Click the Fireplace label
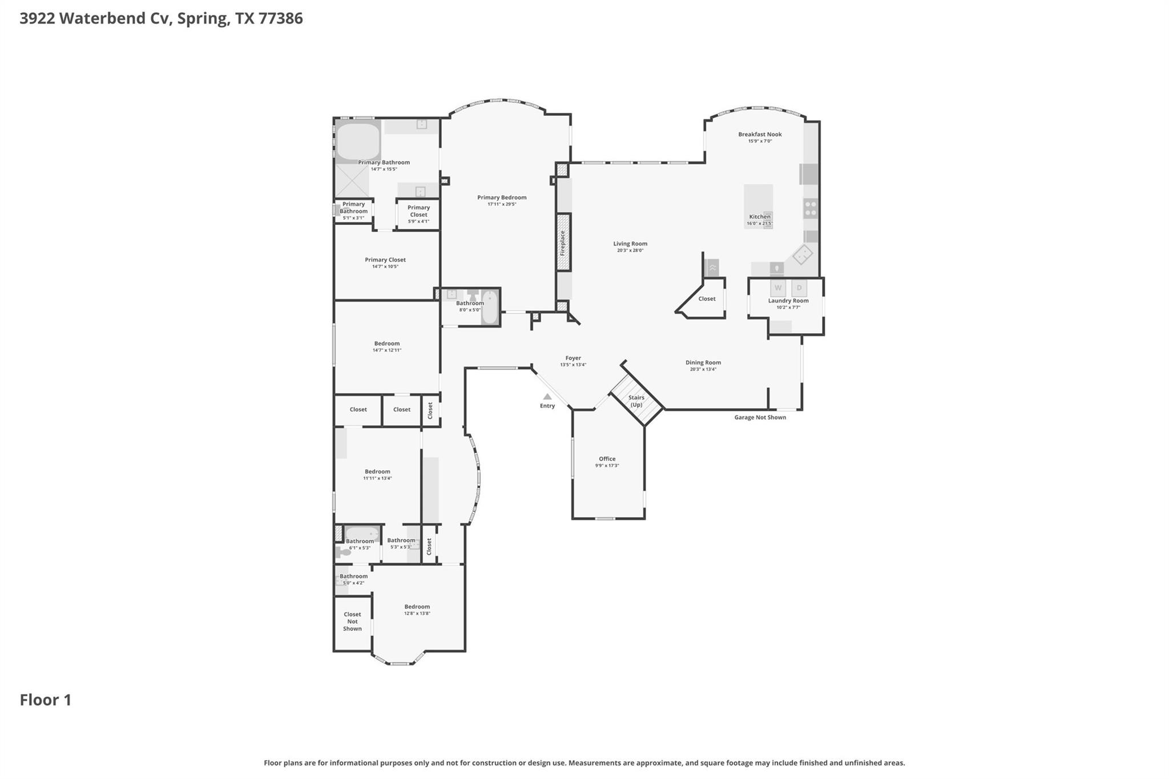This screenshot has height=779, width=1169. pos(562,243)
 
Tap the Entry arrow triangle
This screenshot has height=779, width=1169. pos(547,397)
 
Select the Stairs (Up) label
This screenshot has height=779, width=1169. pos(636,401)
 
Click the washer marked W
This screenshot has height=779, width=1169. pos(778,288)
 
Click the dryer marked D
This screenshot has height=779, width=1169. pos(799,288)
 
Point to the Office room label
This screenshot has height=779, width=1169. pos(607,459)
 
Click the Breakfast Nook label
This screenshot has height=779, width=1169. pos(760,135)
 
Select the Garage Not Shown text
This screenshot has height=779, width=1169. pos(760,417)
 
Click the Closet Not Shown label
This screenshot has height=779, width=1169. pos(352,621)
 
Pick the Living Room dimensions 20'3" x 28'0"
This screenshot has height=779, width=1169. pos(630,251)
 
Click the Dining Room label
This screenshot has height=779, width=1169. pos(703,362)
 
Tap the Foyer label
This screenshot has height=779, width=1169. pos(573,358)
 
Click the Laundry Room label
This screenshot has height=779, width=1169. pos(788,301)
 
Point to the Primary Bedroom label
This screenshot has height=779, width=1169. pos(502,197)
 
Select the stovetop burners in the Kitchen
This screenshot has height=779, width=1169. pos(811,208)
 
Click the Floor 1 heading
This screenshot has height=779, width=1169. pos(46,700)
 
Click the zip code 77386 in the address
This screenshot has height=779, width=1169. pos(281,18)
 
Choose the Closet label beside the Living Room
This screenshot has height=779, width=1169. pos(707,298)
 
